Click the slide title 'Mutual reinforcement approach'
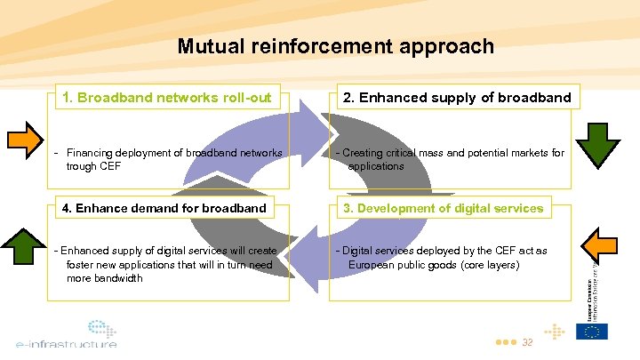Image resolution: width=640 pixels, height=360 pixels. tap(335, 46)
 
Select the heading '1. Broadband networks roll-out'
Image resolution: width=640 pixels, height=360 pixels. tap(165, 97)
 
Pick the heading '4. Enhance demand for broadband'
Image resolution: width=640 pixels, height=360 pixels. tap(164, 208)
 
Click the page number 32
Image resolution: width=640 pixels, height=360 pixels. tap(527, 342)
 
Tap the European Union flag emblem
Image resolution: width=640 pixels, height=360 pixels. tap(591, 332)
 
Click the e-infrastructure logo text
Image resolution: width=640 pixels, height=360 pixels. tap(66, 343)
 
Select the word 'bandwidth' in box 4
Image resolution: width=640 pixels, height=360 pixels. tap(117, 278)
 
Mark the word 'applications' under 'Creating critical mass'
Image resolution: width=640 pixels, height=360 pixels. tap(375, 166)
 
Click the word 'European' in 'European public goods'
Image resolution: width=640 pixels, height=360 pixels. tap(371, 265)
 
